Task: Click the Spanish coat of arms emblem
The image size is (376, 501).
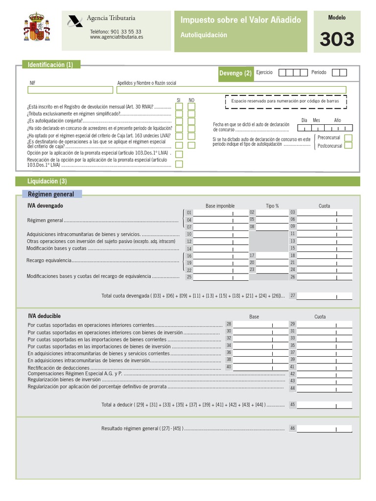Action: (37, 30)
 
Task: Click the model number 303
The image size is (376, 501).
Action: (337, 39)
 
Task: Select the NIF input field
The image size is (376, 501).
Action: (70, 90)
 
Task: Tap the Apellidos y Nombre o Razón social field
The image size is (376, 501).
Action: (231, 90)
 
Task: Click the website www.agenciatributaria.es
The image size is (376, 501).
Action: (116, 37)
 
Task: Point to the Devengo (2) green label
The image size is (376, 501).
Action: (235, 73)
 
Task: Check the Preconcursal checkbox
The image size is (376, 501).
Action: (348, 138)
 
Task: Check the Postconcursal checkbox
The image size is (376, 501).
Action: (348, 145)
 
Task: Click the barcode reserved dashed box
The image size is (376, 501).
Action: (285, 101)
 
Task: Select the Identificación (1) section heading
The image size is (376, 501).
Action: (50, 65)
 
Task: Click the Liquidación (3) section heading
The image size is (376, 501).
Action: (47, 181)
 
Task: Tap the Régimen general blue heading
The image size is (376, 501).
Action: (51, 194)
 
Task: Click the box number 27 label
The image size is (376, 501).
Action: (293, 296)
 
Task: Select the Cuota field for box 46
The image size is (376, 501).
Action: (324, 429)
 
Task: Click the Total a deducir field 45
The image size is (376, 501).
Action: (324, 405)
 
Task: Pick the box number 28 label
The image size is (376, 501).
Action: (229, 324)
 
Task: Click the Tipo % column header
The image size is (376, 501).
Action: (272, 206)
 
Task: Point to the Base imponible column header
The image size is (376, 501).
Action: (220, 206)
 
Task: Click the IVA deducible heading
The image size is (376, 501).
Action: (44, 316)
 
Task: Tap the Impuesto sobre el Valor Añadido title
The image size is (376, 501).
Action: (240, 20)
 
